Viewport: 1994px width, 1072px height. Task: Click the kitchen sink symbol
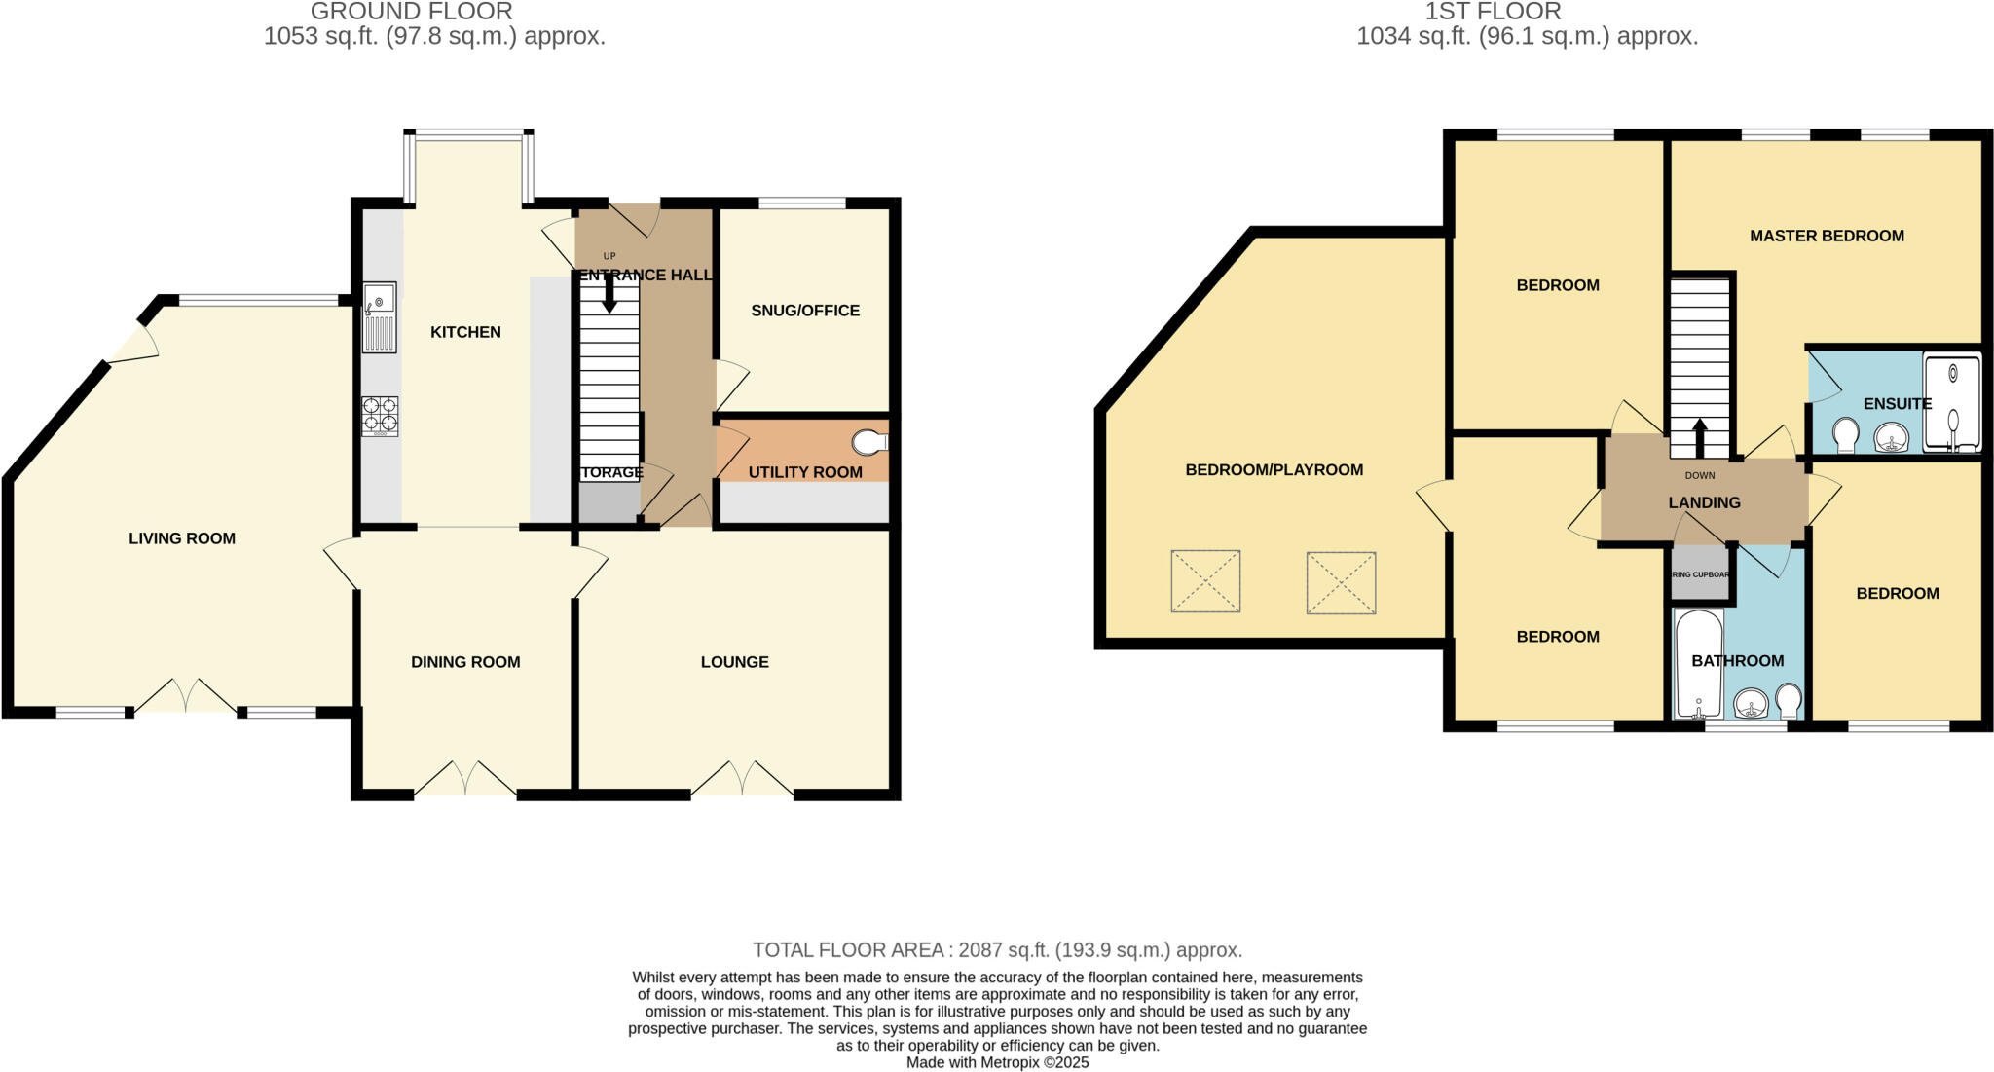[380, 317]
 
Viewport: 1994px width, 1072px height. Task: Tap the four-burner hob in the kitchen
[380, 416]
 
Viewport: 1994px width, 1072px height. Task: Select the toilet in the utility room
[868, 443]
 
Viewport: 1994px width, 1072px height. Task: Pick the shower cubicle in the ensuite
[1951, 404]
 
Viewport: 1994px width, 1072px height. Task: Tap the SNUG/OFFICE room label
[805, 311]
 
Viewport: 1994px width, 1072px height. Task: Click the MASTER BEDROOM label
[1827, 236]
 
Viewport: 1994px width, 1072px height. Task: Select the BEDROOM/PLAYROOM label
[1274, 470]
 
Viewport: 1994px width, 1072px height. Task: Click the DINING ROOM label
[465, 662]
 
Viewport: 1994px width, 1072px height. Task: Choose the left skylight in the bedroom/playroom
[1205, 581]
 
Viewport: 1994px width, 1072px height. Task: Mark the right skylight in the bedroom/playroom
[1341, 582]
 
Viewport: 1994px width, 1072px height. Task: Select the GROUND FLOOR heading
[411, 13]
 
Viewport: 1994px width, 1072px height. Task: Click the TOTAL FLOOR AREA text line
[997, 950]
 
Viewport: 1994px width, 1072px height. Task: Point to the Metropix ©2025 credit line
[997, 1062]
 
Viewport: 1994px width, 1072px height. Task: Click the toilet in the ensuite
[1844, 434]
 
